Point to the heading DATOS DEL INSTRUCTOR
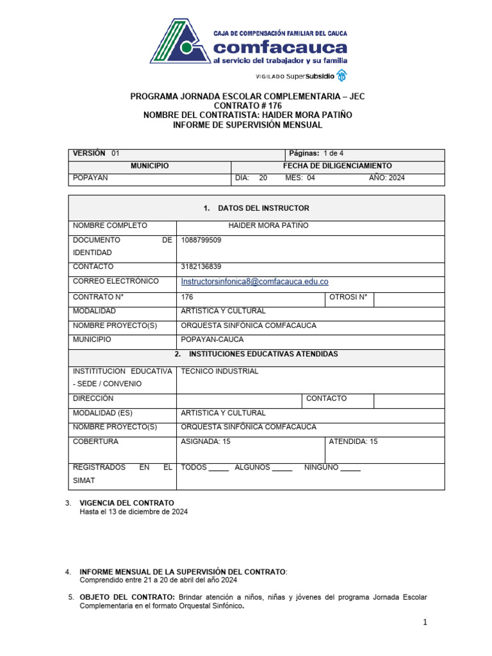(256, 208)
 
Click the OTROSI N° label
(348, 297)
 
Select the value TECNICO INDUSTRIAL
(220, 371)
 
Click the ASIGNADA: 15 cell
(206, 441)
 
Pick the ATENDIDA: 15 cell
(353, 441)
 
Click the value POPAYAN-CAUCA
(212, 340)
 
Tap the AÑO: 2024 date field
(386, 178)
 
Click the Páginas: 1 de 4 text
(316, 153)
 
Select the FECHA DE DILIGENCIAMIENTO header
(337, 165)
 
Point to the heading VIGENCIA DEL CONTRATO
(126, 503)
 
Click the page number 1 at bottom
(424, 622)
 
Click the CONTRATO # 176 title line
(247, 105)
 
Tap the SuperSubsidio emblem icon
(342, 76)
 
